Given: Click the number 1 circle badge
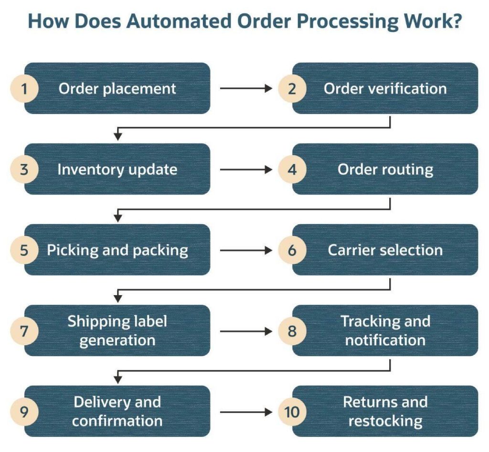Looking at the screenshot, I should [24, 88].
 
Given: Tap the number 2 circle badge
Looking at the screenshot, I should [292, 88].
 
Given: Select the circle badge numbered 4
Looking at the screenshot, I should [292, 169].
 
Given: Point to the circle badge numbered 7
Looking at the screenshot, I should [24, 331].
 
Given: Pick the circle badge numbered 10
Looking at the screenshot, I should [292, 411].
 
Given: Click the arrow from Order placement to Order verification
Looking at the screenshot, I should [245, 88].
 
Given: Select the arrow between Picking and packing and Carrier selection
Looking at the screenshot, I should [245, 250].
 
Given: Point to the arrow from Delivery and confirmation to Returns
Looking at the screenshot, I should [245, 411].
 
